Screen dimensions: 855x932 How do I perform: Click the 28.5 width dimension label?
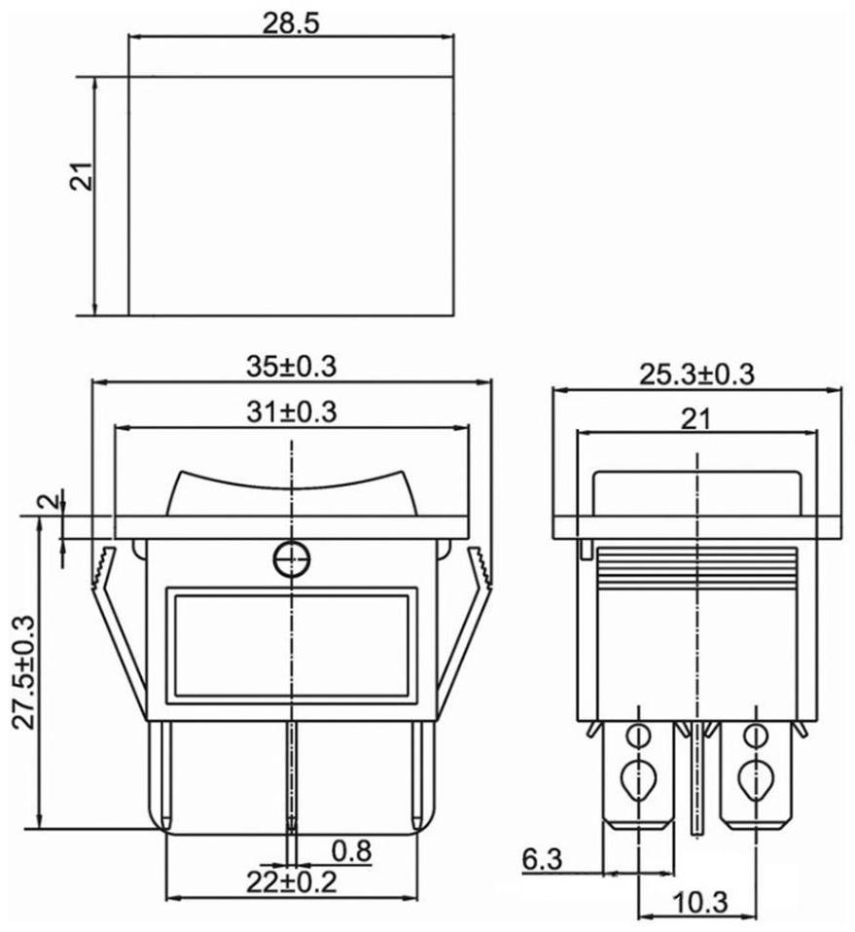(x=291, y=23)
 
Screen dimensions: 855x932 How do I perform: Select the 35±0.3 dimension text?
(x=292, y=367)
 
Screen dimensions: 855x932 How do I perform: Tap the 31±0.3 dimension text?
(x=292, y=412)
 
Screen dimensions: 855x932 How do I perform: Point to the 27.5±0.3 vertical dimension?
(x=25, y=671)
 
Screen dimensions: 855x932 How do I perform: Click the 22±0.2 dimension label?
(x=292, y=881)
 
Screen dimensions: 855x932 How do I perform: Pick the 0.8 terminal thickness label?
(x=352, y=851)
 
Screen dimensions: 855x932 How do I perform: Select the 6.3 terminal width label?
(x=542, y=859)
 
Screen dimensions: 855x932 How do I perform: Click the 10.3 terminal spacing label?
(x=700, y=903)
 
